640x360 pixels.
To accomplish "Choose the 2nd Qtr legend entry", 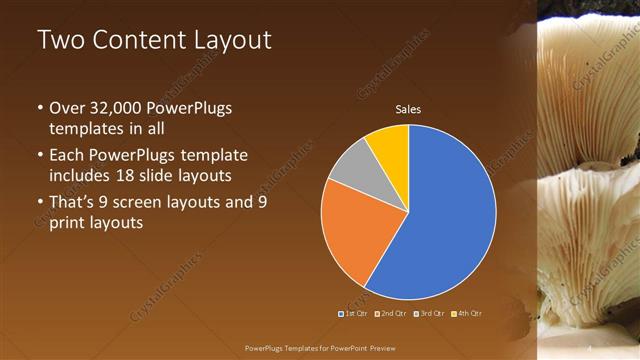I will tap(389, 314).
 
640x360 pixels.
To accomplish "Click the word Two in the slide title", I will tap(61, 41).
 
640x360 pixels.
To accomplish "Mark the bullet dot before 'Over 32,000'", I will tap(39, 108).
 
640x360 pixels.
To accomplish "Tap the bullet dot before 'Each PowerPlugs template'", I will tap(39, 156).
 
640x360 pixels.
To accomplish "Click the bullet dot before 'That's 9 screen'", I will tap(39, 203).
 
